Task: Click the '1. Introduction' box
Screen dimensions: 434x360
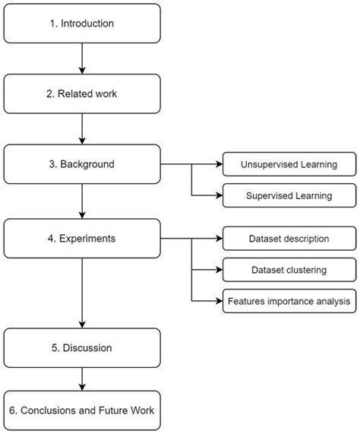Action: pos(83,24)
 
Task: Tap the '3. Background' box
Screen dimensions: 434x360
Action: pos(83,163)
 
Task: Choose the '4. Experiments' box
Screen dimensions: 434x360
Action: pos(83,238)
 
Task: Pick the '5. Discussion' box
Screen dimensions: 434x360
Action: pos(83,347)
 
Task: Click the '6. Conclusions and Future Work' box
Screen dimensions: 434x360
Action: pos(83,410)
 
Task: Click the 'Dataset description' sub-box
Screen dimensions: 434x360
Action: pos(289,238)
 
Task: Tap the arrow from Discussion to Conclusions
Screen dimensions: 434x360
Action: pos(83,379)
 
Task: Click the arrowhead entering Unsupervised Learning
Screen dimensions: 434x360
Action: pos(218,163)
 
